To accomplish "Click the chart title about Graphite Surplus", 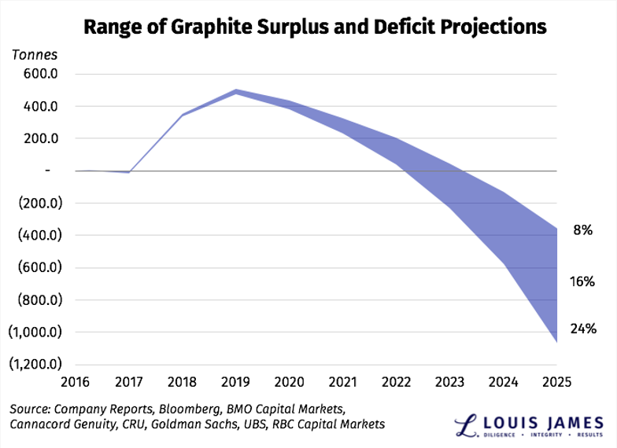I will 315,26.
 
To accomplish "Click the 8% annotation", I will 582,230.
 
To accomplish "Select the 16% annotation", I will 582,281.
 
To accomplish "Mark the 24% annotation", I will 582,329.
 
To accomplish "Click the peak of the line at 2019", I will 237,91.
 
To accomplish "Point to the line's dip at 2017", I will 129,172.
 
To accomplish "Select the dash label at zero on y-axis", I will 26,171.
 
